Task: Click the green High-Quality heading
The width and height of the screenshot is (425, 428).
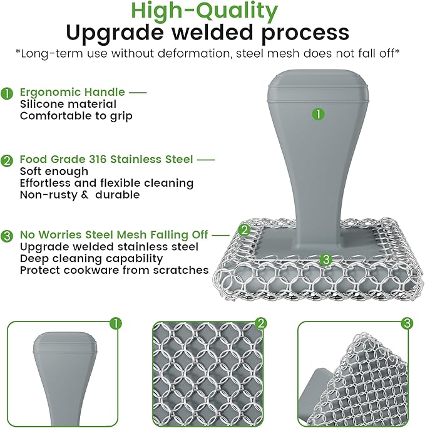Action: [212, 11]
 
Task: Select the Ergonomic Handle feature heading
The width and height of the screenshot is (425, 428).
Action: [73, 92]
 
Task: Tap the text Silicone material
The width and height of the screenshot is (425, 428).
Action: [68, 104]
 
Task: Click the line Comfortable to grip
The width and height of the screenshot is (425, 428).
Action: [76, 116]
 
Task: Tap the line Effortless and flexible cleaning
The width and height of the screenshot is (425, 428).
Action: [106, 183]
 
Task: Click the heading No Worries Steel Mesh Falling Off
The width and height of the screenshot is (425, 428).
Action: [113, 234]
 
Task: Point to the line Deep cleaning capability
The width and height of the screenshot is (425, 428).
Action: [91, 258]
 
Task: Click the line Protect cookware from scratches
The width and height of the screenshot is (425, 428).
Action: [114, 270]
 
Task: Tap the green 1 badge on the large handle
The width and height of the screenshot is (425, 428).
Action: [319, 114]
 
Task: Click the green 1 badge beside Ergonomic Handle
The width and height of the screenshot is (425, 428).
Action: [8, 93]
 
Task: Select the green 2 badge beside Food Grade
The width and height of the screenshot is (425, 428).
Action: [8, 160]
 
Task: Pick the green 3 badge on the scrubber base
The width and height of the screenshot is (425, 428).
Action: [325, 258]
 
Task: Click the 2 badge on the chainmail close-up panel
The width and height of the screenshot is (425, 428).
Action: [261, 323]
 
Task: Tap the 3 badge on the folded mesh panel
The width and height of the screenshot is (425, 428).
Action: [407, 323]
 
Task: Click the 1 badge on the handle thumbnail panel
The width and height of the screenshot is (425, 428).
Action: [115, 323]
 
